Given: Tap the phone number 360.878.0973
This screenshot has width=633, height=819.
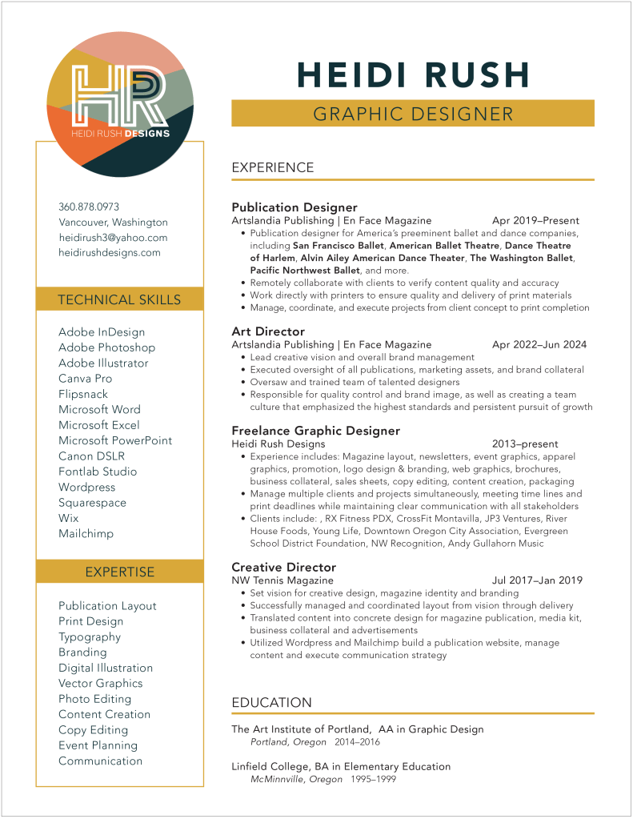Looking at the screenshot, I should point(89,207).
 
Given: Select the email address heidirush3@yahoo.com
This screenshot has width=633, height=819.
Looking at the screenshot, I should point(113,238).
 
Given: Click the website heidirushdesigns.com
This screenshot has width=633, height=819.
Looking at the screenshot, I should point(110,253).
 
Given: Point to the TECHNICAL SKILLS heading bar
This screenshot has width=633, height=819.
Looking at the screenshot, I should point(119,300).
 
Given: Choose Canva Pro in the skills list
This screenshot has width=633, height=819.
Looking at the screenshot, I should point(86,379).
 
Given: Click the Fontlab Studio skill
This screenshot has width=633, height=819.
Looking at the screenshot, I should point(98,472).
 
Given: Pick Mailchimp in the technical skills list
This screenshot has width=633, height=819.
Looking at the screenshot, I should point(86,533).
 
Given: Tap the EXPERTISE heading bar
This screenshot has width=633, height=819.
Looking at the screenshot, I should point(119,572).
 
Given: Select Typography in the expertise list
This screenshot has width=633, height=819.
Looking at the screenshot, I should point(90,637).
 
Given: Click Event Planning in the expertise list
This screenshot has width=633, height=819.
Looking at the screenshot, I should point(98,745).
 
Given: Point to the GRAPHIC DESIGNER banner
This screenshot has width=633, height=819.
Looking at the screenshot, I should point(412,114).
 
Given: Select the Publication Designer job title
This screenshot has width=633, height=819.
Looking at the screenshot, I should point(294,207).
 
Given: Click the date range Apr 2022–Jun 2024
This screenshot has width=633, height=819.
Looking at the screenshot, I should point(539,344).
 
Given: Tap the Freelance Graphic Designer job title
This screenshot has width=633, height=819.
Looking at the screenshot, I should point(315,431).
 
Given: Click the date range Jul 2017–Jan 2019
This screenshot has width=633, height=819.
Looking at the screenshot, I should point(537,580).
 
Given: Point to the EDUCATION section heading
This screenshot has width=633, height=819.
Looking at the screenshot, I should point(271,703).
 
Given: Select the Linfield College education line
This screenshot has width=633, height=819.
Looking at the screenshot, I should point(341,767).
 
